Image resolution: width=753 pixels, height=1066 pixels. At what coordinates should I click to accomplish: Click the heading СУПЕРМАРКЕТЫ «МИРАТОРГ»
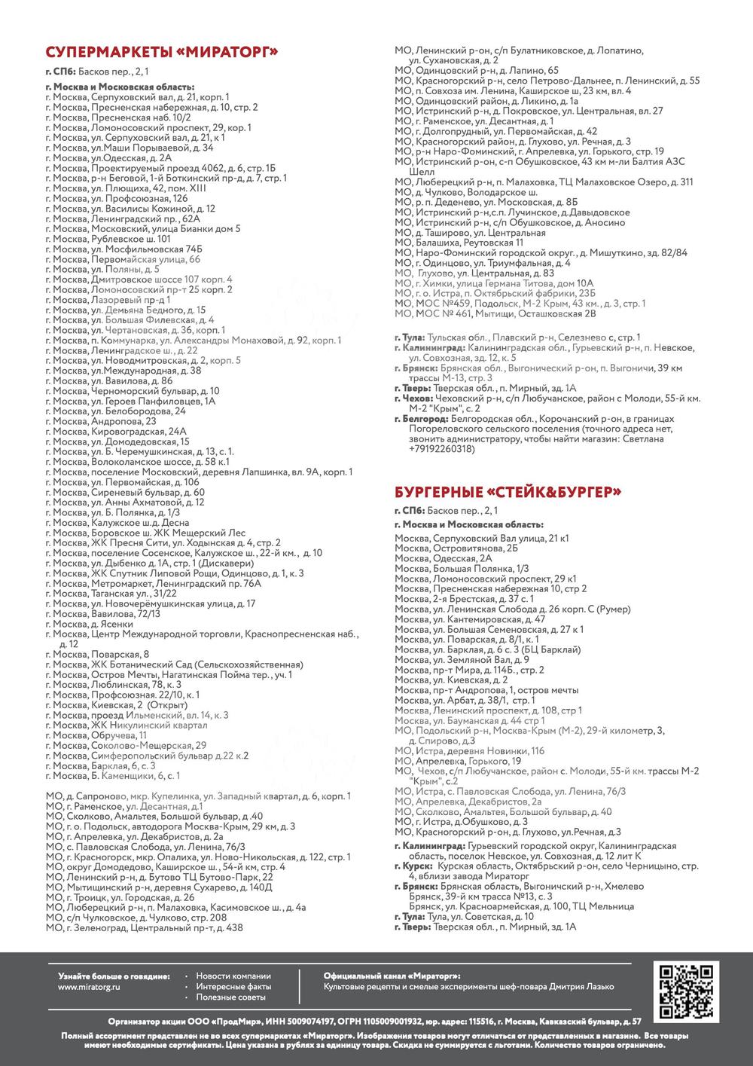(162, 52)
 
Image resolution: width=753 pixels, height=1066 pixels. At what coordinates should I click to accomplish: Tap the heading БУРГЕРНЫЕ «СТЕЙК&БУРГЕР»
(508, 493)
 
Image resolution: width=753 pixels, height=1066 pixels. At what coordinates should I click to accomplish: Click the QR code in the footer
(686, 991)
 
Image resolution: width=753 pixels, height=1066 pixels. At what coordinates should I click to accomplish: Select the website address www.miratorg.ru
(90, 986)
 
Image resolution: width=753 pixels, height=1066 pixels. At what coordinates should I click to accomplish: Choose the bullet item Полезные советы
(231, 997)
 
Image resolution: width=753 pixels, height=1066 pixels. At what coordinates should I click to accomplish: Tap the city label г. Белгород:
(421, 419)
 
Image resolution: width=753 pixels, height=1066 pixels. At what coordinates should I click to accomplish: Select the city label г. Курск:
(413, 866)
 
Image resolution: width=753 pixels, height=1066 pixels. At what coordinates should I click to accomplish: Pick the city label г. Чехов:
(413, 398)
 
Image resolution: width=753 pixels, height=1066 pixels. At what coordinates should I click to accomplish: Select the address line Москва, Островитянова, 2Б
(456, 548)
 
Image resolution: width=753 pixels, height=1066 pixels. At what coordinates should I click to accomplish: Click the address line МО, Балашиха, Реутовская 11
(459, 243)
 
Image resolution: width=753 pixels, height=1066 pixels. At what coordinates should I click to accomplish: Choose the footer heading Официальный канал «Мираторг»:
(392, 976)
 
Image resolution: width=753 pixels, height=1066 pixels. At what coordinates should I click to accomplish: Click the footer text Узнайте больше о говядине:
(114, 976)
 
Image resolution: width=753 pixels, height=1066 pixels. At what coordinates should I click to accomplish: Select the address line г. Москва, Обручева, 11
(96, 735)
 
